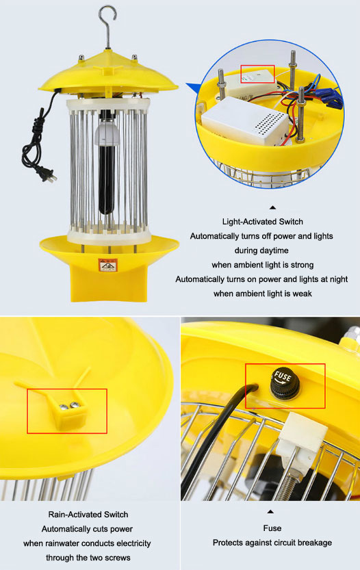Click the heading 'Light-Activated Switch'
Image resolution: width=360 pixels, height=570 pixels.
(x=262, y=222)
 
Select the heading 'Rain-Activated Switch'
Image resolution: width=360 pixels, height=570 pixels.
(x=88, y=514)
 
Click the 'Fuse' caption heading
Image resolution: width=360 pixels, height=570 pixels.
(x=272, y=528)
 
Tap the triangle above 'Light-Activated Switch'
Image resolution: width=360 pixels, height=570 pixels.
(x=272, y=207)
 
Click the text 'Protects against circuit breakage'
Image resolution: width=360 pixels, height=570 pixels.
(x=272, y=543)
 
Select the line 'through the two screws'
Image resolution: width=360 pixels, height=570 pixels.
(x=88, y=557)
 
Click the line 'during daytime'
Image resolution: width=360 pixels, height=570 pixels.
(x=262, y=250)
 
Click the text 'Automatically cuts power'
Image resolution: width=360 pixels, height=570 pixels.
(x=88, y=529)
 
